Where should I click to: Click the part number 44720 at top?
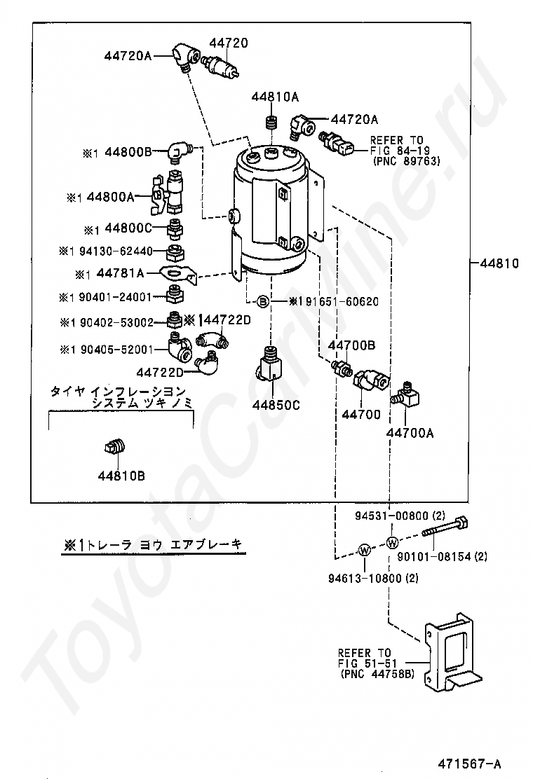[x=227, y=43]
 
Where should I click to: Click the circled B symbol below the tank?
[x=262, y=302]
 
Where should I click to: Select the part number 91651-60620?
[x=339, y=302]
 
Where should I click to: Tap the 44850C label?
[x=277, y=404]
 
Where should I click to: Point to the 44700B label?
[x=352, y=345]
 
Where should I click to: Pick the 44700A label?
[x=410, y=433]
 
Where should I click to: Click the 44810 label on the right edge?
[x=499, y=264]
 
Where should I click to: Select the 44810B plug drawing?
[x=117, y=446]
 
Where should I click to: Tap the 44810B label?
[x=121, y=476]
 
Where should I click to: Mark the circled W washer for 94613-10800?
[x=365, y=551]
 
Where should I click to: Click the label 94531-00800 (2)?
[x=398, y=516]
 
